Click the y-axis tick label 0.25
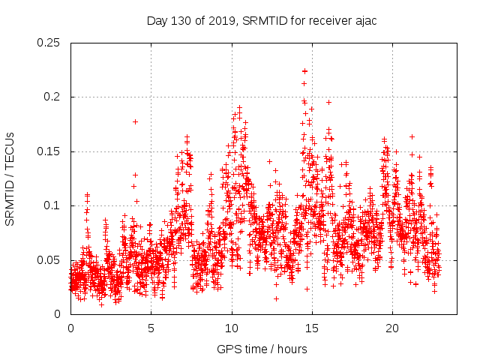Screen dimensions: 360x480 (49, 43)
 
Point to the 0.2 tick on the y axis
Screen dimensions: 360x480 (54, 97)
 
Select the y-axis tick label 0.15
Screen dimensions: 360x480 (49, 151)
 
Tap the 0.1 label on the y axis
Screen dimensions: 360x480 (54, 205)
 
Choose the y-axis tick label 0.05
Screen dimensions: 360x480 (49, 260)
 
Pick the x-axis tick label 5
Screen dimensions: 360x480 (151, 328)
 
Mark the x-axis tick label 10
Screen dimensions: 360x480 (232, 328)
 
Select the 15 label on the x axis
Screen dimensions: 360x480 (312, 328)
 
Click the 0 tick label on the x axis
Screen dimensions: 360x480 (70, 328)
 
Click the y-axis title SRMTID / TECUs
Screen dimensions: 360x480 (10, 178)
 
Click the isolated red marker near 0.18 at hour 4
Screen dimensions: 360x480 (135, 121)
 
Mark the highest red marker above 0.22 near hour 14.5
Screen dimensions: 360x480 (304, 71)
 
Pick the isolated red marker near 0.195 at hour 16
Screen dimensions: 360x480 (328, 102)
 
